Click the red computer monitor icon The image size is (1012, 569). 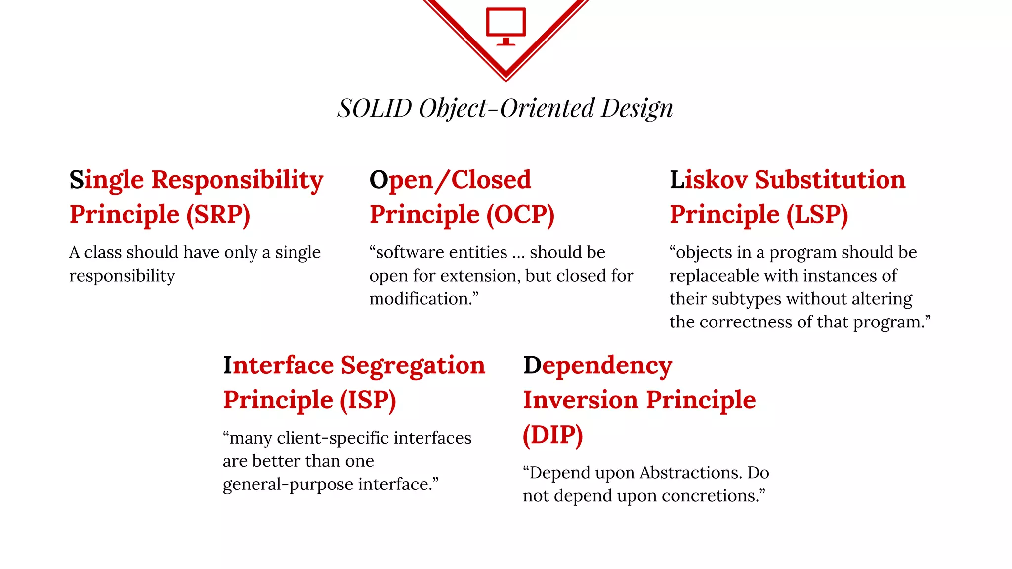pyautogui.click(x=506, y=26)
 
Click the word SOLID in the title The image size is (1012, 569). pyautogui.click(x=375, y=108)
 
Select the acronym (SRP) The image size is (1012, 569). pyautogui.click(x=218, y=215)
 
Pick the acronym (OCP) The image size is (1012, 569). pyautogui.click(x=520, y=215)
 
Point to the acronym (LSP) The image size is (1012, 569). pyautogui.click(x=817, y=215)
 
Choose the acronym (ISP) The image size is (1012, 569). pyautogui.click(x=368, y=400)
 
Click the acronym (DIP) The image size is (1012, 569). pyautogui.click(x=553, y=435)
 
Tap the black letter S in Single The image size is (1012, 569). pyautogui.click(x=77, y=180)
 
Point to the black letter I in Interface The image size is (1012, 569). pyautogui.click(x=227, y=366)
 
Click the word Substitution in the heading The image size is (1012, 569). pyautogui.click(x=830, y=180)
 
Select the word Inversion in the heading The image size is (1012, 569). pyautogui.click(x=581, y=400)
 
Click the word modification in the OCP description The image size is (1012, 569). pyautogui.click(x=420, y=299)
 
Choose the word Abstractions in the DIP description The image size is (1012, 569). pyautogui.click(x=691, y=473)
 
